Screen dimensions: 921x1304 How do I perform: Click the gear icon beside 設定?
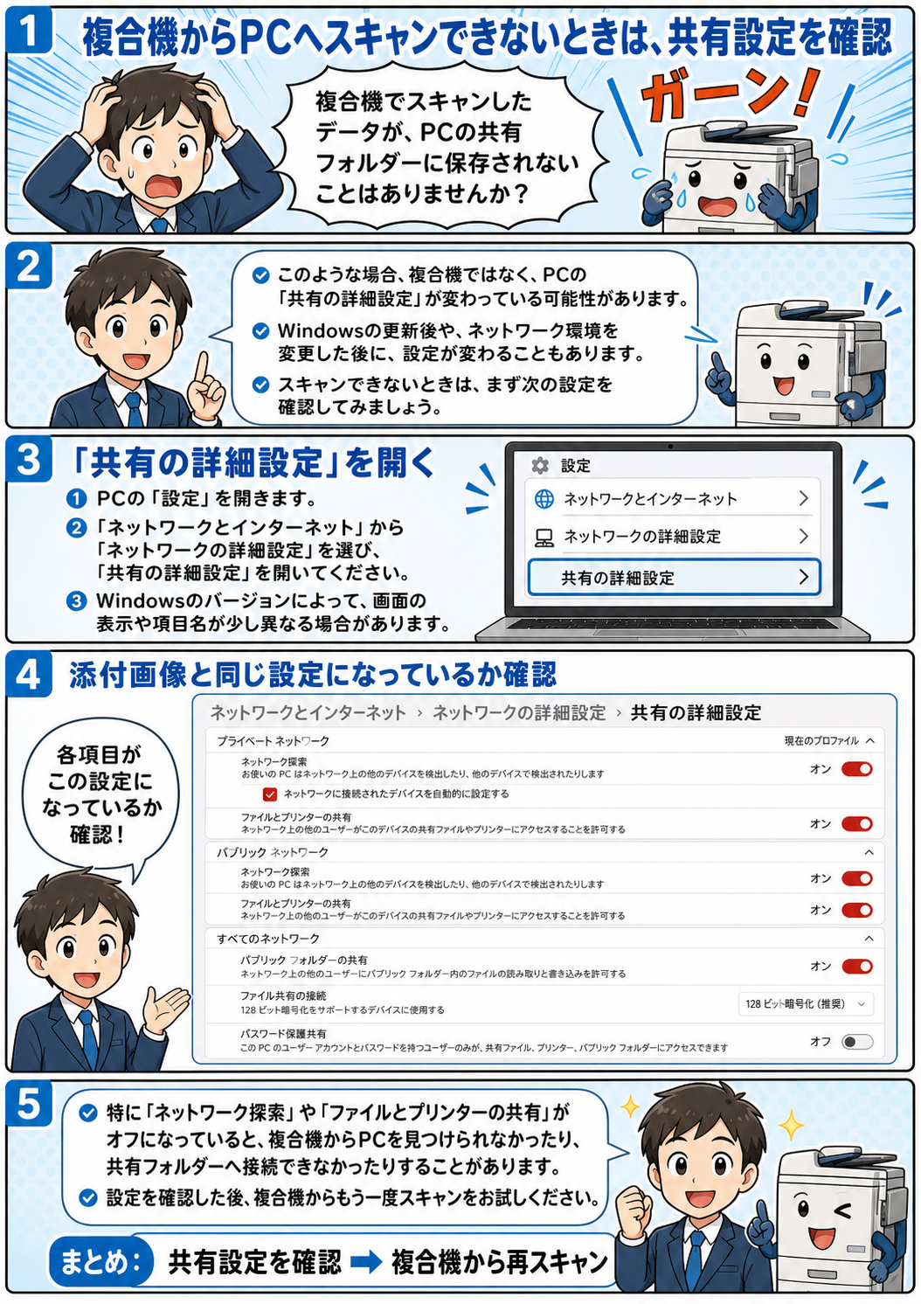540,465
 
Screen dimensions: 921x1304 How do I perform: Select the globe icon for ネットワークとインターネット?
544,499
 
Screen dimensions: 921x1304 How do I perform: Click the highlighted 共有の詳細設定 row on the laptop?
675,578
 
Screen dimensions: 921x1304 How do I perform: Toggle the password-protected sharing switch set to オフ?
857,1042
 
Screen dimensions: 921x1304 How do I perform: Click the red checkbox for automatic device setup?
269,794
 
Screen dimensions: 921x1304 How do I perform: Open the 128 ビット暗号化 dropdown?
806,1003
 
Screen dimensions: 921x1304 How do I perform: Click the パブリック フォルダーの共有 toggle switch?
857,967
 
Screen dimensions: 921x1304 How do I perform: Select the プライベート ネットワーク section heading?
273,741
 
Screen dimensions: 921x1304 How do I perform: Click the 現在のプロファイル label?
821,740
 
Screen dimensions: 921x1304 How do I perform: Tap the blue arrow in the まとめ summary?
366,1262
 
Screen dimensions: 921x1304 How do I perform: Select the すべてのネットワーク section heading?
268,939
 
